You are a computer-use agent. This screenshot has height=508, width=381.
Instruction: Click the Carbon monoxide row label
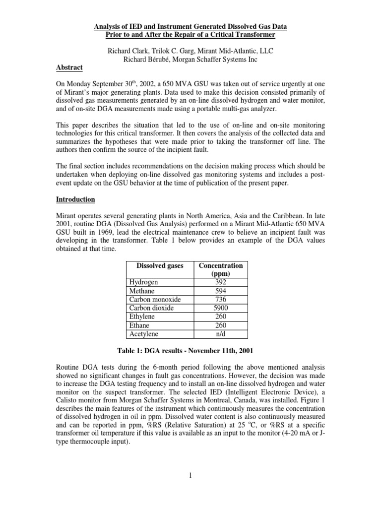click(154, 299)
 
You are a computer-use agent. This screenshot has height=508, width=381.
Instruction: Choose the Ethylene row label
click(141, 316)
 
